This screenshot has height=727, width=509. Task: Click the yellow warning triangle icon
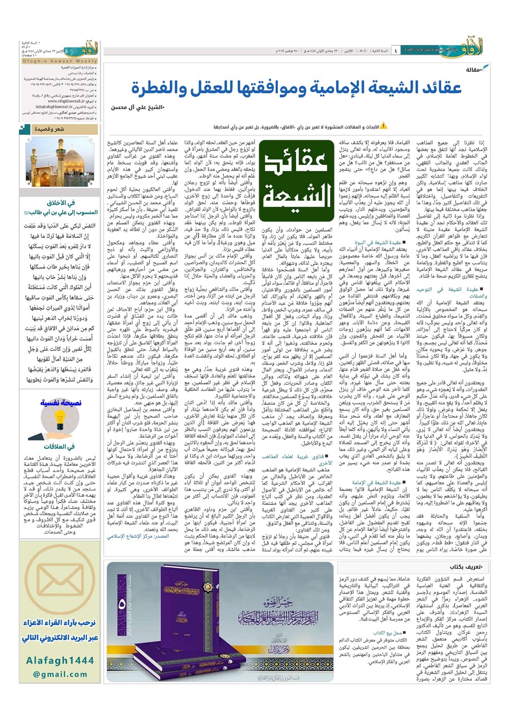384,126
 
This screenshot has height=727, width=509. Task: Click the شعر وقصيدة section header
49,129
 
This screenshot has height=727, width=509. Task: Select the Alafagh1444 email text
60,661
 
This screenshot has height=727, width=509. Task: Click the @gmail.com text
60,674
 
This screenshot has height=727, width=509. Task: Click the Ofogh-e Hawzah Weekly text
60,61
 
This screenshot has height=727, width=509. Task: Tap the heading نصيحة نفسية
61,403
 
